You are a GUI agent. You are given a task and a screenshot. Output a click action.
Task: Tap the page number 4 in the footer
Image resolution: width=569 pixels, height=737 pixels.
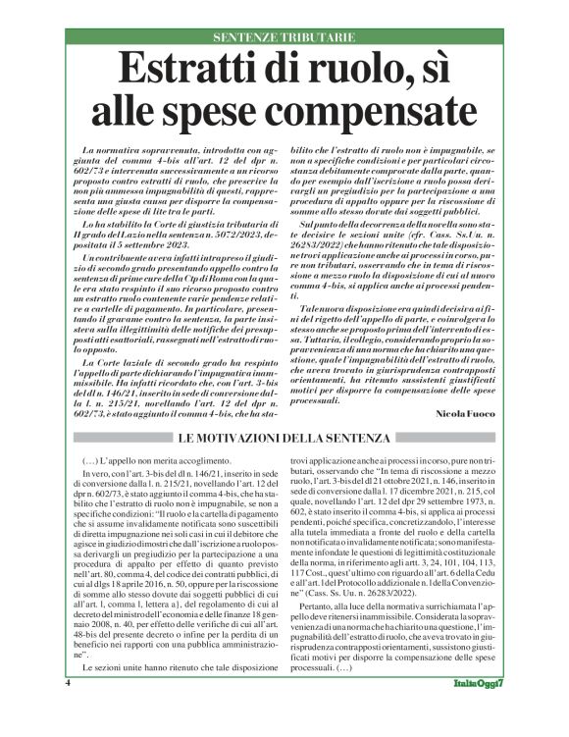pyautogui.click(x=68, y=709)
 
